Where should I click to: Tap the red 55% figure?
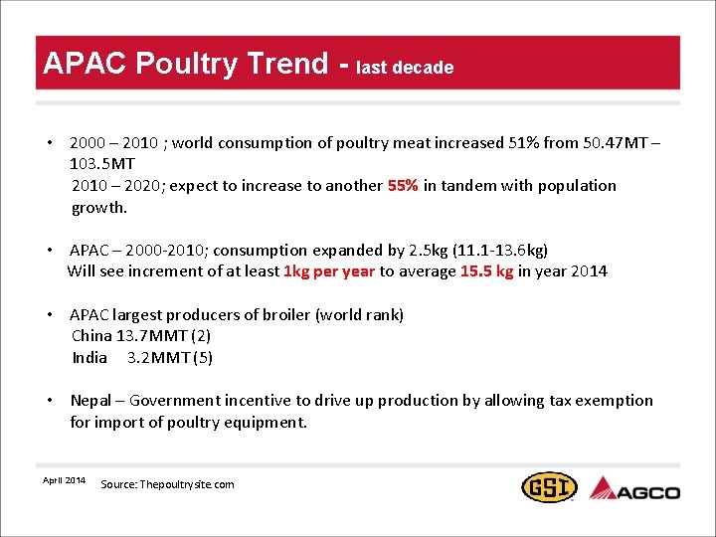click(403, 186)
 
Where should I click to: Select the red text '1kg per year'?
click(329, 271)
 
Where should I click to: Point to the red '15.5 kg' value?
click(486, 271)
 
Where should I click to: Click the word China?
click(91, 336)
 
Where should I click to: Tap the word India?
click(89, 358)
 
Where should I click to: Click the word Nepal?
click(92, 401)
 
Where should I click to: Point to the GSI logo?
click(549, 487)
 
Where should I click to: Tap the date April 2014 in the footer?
click(64, 480)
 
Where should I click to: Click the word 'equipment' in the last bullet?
click(268, 423)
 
